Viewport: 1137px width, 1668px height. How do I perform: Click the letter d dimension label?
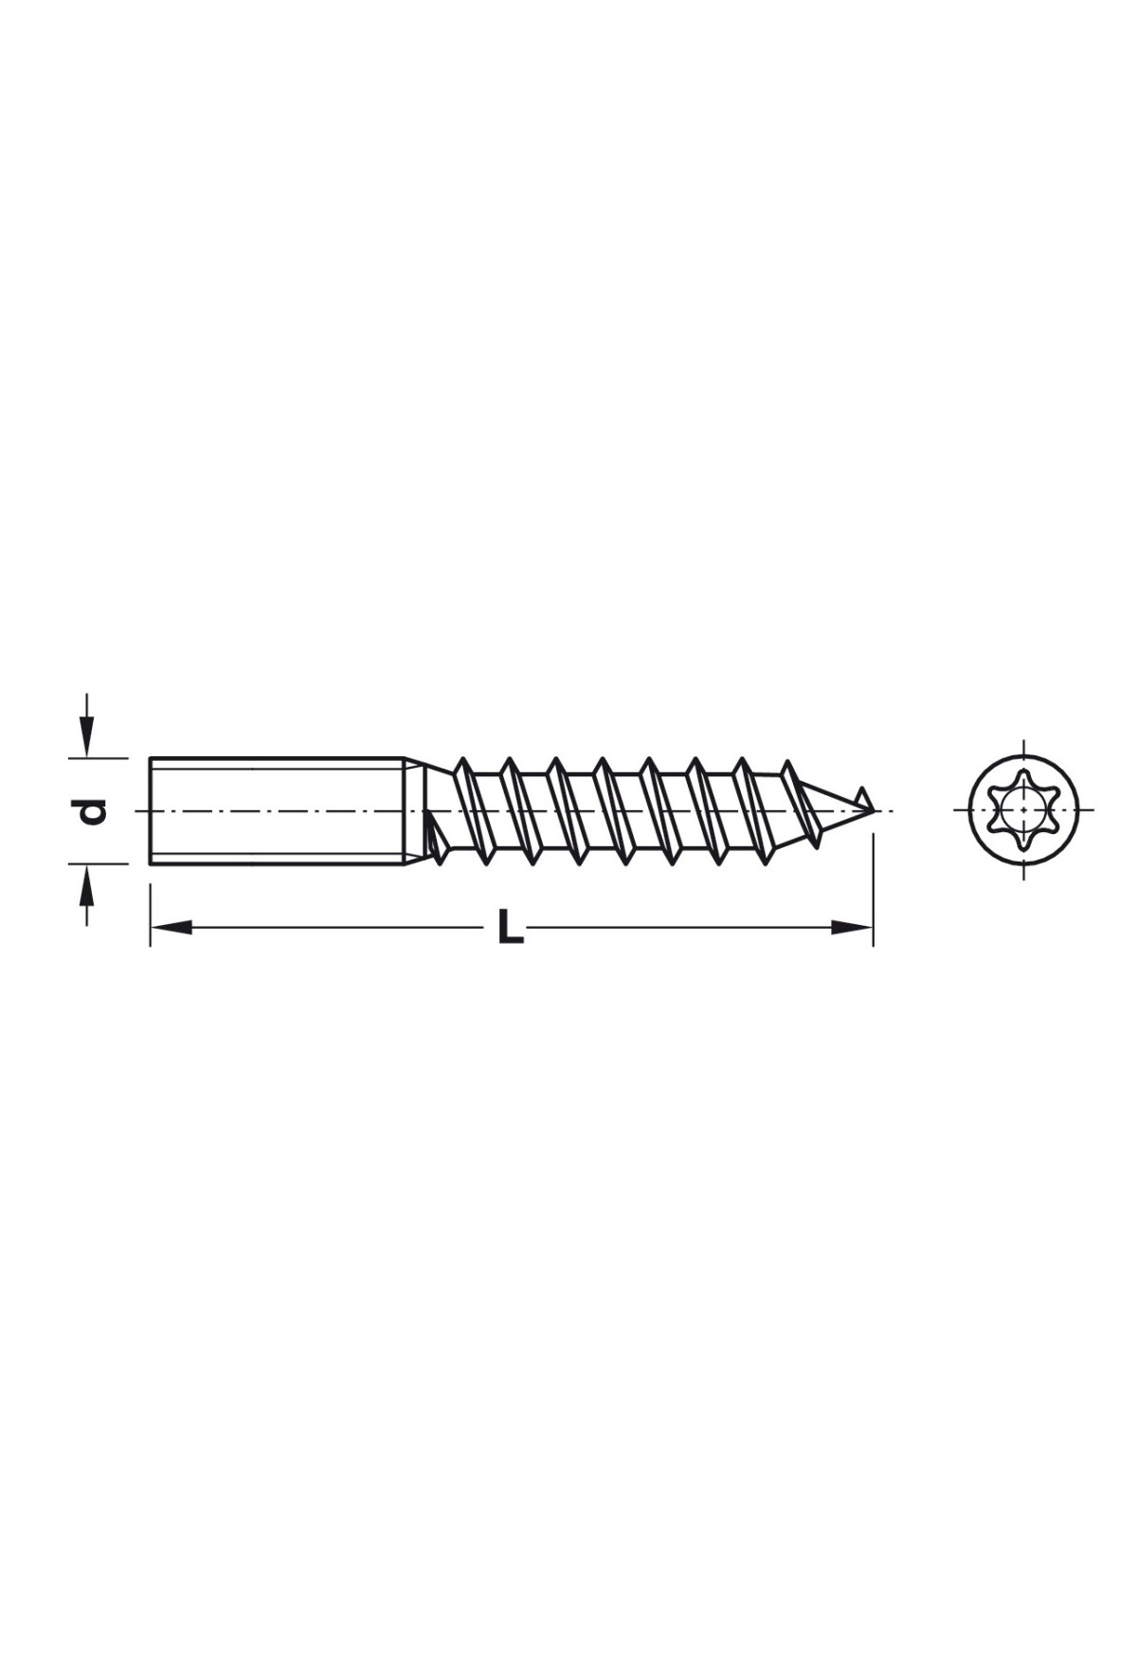click(91, 811)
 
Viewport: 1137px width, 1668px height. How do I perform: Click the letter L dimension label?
click(511, 927)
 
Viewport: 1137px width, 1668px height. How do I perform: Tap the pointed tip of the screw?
click(873, 811)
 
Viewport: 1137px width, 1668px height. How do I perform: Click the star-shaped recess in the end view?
click(1023, 810)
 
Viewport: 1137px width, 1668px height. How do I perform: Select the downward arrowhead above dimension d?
click(86, 737)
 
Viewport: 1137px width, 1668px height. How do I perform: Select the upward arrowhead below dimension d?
click(86, 885)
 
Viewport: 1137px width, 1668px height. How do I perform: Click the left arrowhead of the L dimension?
click(171, 927)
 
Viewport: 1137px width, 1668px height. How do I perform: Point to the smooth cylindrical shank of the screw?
click(278, 810)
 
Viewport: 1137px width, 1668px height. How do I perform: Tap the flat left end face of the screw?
click(151, 810)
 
